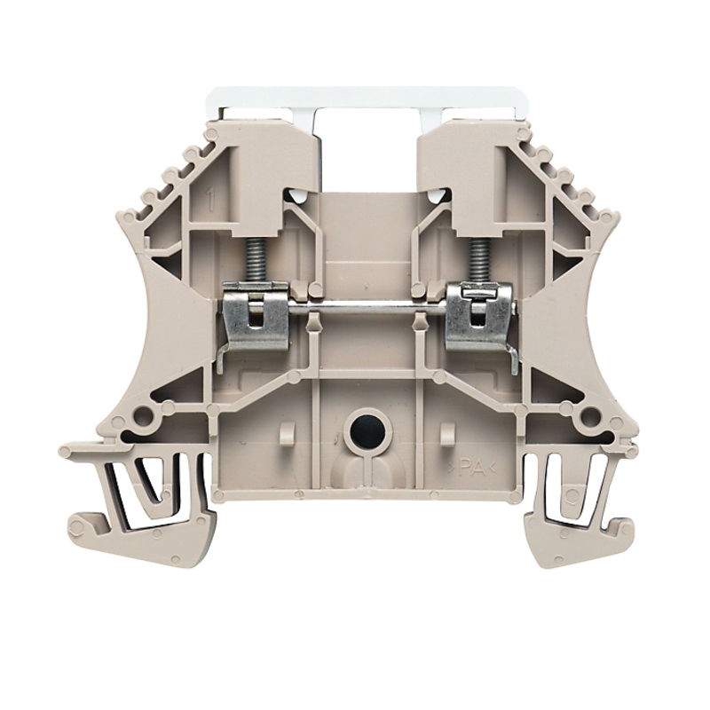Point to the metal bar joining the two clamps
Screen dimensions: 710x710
(368, 310)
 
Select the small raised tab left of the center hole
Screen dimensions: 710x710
(287, 434)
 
